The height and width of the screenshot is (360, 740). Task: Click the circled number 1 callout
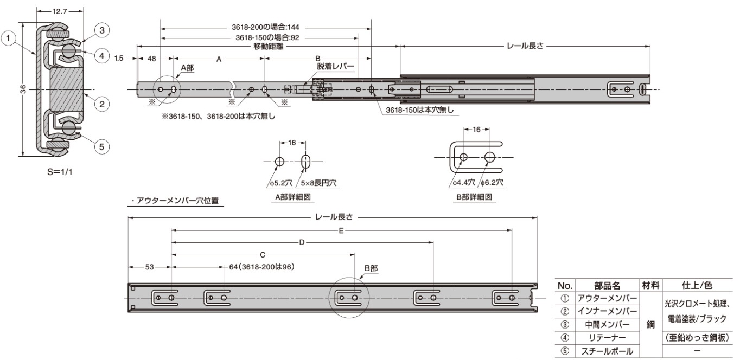point(8,38)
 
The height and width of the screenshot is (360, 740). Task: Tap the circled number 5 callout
point(102,146)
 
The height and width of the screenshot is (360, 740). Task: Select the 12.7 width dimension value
point(60,11)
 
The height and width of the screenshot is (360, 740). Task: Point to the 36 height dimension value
point(23,89)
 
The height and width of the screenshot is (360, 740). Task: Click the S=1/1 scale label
point(60,172)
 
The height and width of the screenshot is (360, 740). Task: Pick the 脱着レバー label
point(335,66)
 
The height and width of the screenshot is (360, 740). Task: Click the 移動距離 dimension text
point(268,46)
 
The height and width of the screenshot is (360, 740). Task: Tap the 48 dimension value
point(151,59)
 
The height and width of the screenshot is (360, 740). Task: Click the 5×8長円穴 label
point(318,183)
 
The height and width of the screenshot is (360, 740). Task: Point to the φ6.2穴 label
point(492,182)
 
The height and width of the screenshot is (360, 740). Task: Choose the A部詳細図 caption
point(293,197)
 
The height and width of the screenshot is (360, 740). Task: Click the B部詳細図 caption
point(474,197)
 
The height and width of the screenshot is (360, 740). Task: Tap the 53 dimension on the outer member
point(150,267)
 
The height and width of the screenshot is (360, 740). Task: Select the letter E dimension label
point(341,230)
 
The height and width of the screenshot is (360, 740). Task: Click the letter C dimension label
point(263,255)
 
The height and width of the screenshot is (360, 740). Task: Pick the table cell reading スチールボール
point(607,351)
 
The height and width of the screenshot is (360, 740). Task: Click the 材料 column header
point(651,285)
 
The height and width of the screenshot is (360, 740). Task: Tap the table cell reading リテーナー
point(607,338)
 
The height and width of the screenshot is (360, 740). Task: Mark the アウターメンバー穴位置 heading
point(175,201)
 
